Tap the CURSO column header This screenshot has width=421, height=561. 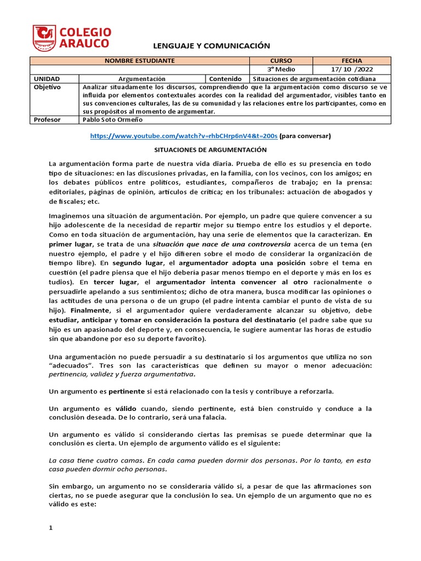coord(281,60)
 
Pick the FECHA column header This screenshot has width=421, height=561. coord(351,60)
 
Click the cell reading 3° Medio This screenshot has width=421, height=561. coord(281,70)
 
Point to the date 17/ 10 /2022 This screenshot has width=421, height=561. coord(351,70)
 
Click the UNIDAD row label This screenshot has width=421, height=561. coord(47,79)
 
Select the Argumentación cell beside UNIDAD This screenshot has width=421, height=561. coord(141,79)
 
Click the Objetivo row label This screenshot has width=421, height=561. coord(48,87)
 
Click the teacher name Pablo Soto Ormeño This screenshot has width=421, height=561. coord(112,119)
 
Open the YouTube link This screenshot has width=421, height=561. coord(184,136)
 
